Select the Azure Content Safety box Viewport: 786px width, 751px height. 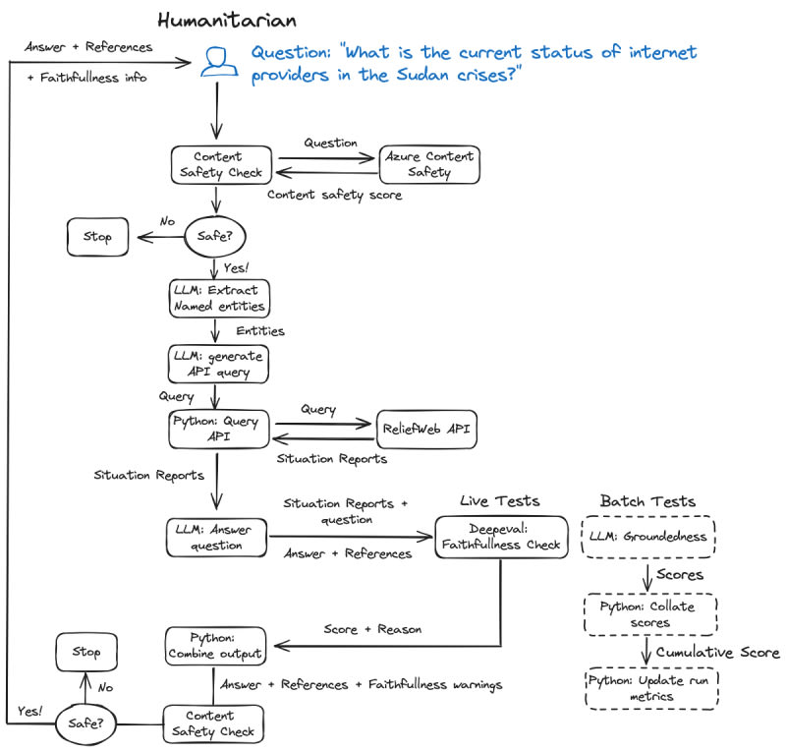(429, 164)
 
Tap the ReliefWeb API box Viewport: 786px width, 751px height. (427, 429)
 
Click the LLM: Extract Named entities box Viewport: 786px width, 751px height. (217, 297)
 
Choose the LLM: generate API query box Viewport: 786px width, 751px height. (217, 363)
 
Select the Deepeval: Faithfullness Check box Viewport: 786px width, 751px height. (501, 537)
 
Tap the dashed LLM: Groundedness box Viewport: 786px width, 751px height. (649, 537)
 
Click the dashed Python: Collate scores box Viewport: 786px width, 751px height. (649, 613)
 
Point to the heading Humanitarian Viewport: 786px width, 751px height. (227, 20)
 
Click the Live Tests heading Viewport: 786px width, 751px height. (500, 501)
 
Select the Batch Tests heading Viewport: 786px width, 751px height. (648, 501)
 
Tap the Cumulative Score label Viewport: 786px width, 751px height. (717, 652)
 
